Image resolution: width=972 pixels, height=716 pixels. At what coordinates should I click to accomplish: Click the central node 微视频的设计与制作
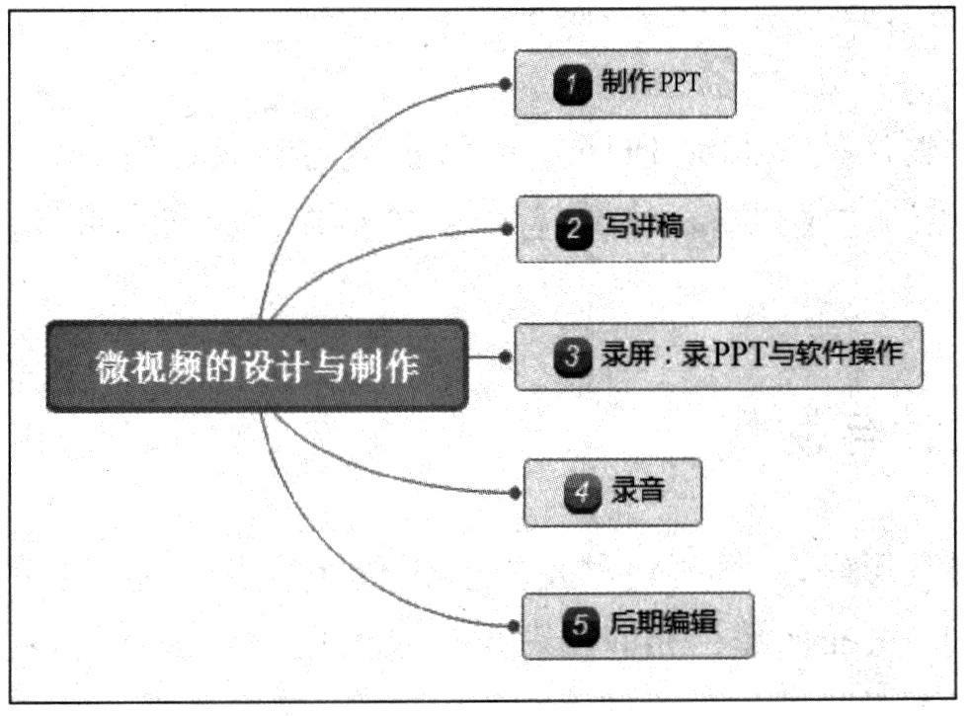255,365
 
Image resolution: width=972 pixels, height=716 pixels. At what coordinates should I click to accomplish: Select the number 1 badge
572,84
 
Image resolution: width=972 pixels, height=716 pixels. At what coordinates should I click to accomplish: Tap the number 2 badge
572,229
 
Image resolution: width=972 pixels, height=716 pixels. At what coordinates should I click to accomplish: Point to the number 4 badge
582,492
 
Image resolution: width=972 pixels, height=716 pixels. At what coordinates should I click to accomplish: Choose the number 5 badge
580,625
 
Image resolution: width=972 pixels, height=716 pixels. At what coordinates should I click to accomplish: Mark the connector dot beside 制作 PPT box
505,85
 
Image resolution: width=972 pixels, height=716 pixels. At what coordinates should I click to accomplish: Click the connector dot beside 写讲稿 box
507,229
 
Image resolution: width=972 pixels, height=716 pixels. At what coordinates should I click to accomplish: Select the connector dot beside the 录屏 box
506,357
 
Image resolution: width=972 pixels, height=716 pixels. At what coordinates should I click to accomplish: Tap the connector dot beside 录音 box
514,492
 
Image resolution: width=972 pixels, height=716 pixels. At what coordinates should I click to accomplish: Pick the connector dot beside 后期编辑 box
513,626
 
